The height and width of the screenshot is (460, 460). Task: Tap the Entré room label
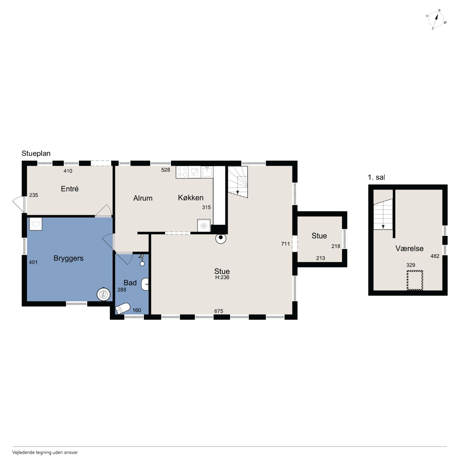coord(69,189)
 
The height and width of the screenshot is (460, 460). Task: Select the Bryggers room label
coord(69,258)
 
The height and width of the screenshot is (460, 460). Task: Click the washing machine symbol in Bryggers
coord(36,224)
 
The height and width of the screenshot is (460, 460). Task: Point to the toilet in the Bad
coord(123,308)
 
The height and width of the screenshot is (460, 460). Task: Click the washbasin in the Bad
coord(145,284)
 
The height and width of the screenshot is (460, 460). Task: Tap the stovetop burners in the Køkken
coord(182,172)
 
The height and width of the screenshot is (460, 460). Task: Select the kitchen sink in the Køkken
coord(207,172)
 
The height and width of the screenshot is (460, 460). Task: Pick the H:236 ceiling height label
coord(222,277)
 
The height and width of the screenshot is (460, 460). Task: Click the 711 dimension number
coord(285,244)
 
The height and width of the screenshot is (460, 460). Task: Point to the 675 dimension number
coord(218,311)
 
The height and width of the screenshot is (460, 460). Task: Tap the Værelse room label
coord(409,248)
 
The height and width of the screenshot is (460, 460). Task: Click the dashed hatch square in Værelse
coord(415,280)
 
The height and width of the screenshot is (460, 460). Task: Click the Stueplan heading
coord(36,153)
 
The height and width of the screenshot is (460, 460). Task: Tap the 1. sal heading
coord(377,178)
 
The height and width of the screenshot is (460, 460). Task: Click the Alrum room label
coord(143,198)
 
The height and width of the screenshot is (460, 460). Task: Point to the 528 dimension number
coord(166,170)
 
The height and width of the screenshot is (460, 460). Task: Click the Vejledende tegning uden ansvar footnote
coord(45,452)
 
